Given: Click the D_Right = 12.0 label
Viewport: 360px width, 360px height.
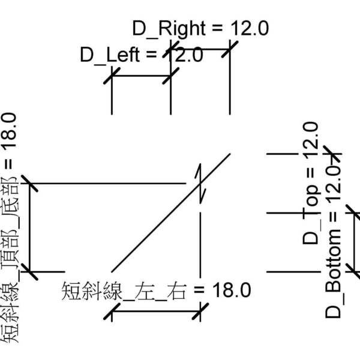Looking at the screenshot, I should tap(200, 28).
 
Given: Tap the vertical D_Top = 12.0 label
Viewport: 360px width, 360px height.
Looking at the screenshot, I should tap(310, 182).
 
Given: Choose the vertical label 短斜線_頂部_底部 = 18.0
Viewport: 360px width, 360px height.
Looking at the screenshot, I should tap(13, 228).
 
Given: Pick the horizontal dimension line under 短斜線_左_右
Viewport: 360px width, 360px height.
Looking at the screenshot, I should tap(156, 311).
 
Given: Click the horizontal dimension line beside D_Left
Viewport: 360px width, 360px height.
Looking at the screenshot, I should tap(142, 76).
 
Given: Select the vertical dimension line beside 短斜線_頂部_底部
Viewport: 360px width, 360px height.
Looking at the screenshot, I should tap(29, 228).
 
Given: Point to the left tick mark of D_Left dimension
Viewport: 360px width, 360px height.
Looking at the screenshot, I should tap(112, 76).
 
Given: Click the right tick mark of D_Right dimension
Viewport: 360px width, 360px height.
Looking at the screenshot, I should tap(230, 49).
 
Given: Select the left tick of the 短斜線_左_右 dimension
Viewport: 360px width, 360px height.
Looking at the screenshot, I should tap(112, 311).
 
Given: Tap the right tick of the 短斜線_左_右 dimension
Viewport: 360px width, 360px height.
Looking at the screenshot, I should tap(200, 311).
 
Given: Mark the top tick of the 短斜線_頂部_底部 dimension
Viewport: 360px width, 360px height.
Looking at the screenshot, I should tap(29, 183).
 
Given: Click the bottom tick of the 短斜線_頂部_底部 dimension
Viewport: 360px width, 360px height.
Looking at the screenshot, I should tap(29, 271).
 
